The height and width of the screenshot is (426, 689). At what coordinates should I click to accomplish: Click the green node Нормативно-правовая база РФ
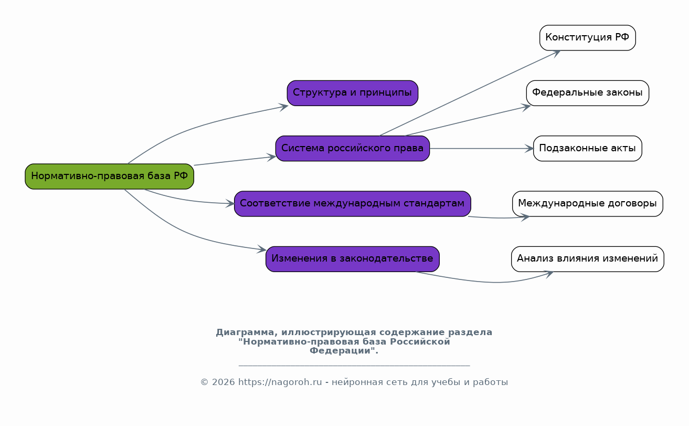pos(109,176)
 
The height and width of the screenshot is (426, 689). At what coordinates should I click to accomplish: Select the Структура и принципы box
pos(352,93)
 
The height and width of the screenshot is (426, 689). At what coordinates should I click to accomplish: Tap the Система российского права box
pos(352,148)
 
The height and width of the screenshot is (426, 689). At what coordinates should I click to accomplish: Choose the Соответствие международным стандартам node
pos(352,204)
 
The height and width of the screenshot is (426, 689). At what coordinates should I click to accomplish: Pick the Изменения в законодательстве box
pos(352,259)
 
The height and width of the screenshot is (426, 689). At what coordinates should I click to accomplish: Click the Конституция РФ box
pos(587,38)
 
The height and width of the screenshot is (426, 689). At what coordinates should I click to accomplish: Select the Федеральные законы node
pos(587,93)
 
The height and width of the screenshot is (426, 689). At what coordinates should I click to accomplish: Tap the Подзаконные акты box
pos(587,148)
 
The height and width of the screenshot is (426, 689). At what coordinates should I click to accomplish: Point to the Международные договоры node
pos(587,204)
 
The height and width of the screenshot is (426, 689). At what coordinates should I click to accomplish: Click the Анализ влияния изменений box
pos(587,259)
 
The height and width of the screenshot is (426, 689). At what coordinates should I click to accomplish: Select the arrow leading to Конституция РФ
pos(470,93)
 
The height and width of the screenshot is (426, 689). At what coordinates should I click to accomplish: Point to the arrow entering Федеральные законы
pos(467,121)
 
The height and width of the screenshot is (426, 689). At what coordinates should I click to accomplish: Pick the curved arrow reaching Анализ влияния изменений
pos(488,282)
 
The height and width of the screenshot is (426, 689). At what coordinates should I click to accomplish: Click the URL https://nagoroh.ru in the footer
pos(280,382)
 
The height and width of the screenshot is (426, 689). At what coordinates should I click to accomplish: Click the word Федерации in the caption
pos(342,351)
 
